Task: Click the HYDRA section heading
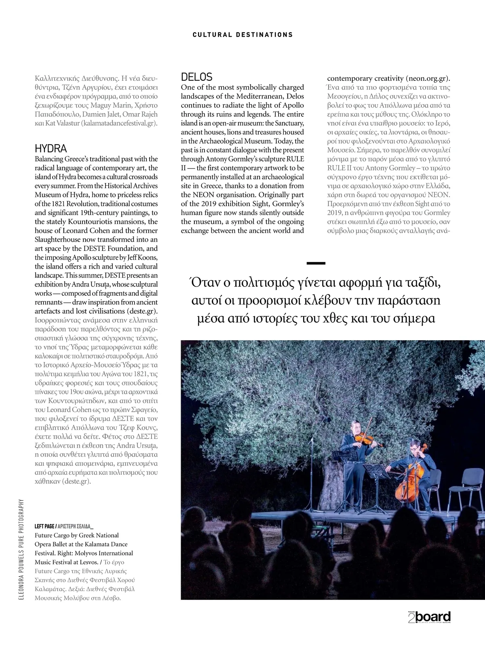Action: [51, 148]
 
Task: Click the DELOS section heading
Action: [196, 77]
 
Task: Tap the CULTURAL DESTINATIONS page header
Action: [242, 35]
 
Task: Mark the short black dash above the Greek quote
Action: [316, 263]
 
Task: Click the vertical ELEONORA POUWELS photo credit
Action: [21, 549]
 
